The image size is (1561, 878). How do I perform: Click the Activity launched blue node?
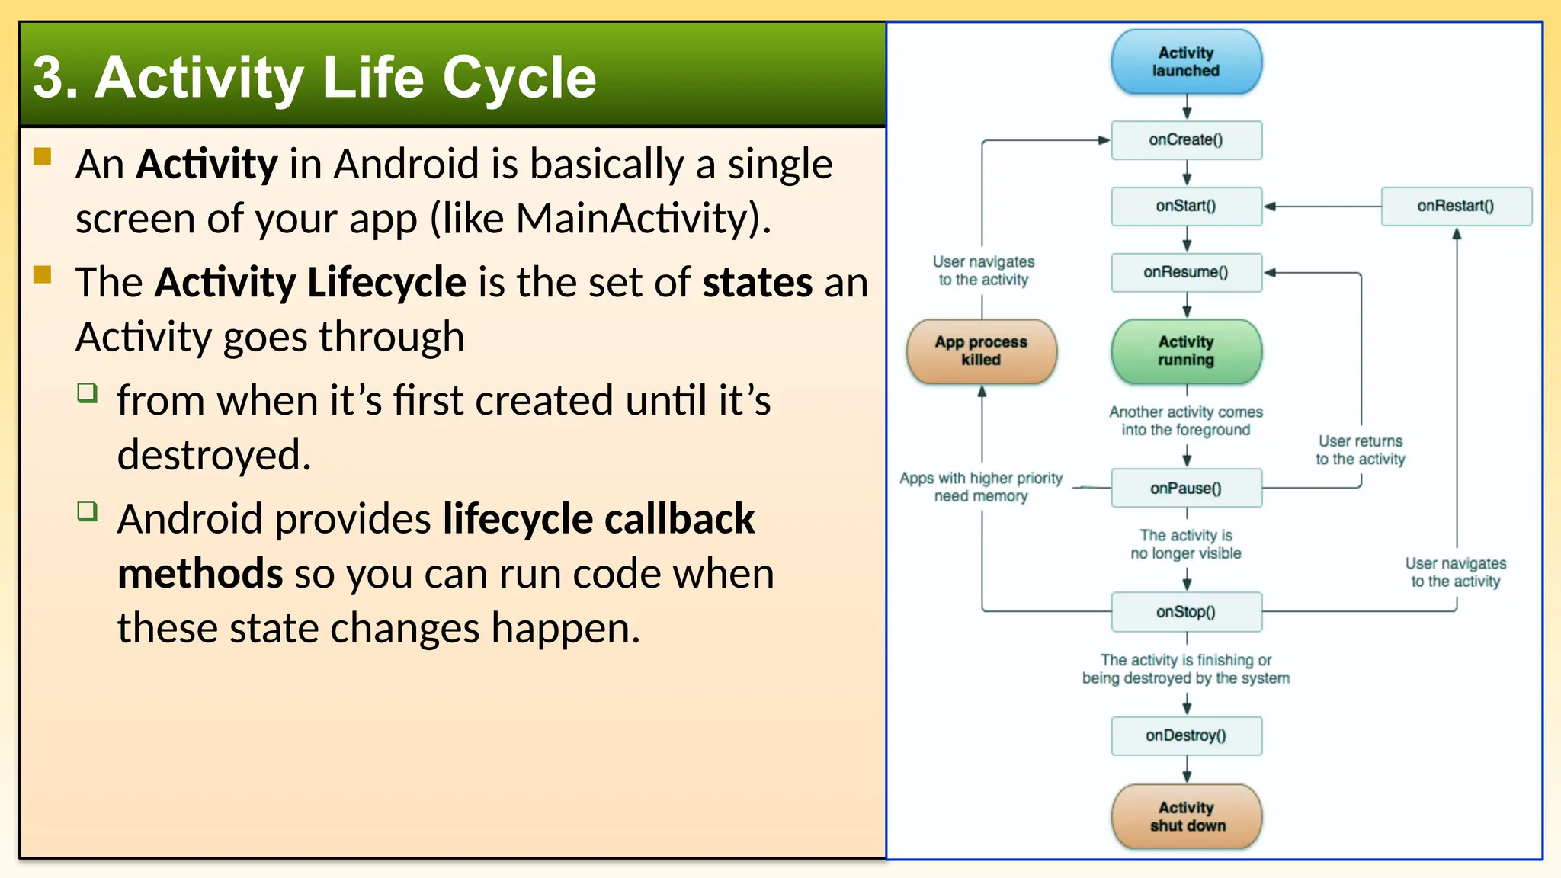pyautogui.click(x=1186, y=62)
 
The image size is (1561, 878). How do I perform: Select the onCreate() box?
pyautogui.click(x=1186, y=140)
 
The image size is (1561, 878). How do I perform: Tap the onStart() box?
pyautogui.click(x=1186, y=206)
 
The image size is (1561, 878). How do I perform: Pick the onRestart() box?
pyautogui.click(x=1456, y=206)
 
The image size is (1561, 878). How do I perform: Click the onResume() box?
pyautogui.click(x=1186, y=272)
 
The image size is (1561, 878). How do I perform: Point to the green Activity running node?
pyautogui.click(x=1186, y=351)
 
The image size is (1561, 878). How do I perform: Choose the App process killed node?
pyautogui.click(x=981, y=351)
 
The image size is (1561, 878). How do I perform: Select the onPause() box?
pyautogui.click(x=1186, y=489)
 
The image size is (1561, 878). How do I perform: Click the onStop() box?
pyautogui.click(x=1186, y=612)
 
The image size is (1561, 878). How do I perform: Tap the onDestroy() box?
pyautogui.click(x=1186, y=735)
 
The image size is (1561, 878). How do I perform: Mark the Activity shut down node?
pyautogui.click(x=1186, y=816)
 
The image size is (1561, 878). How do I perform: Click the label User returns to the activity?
pyautogui.click(x=1361, y=450)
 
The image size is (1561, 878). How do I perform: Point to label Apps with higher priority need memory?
pyautogui.click(x=981, y=487)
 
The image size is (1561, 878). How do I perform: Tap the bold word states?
pyautogui.click(x=757, y=282)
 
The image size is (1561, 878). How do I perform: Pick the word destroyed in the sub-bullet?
pyautogui.click(x=213, y=455)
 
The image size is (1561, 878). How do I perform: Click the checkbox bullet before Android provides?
pyautogui.click(x=88, y=511)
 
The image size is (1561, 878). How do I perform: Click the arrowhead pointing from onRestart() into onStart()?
pyautogui.click(x=1270, y=206)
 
